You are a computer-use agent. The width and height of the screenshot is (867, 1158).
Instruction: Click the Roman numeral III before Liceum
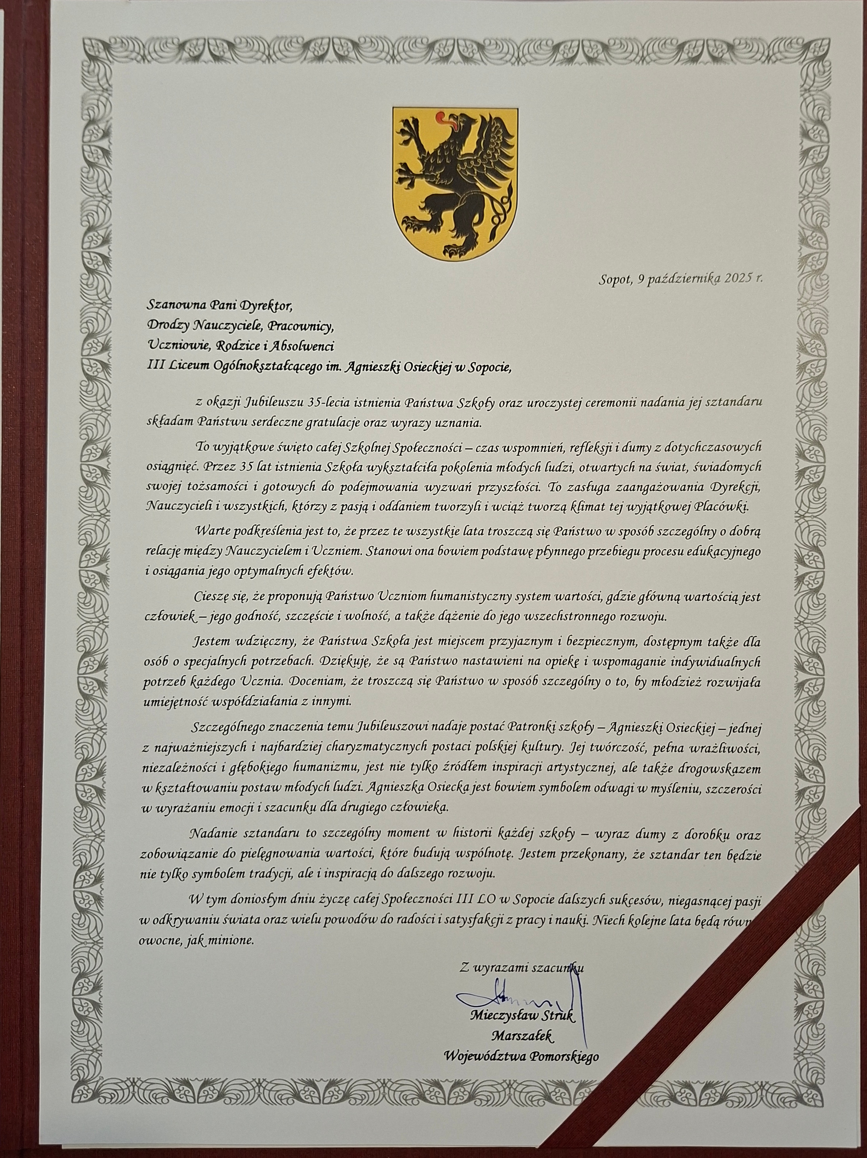[156, 367]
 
